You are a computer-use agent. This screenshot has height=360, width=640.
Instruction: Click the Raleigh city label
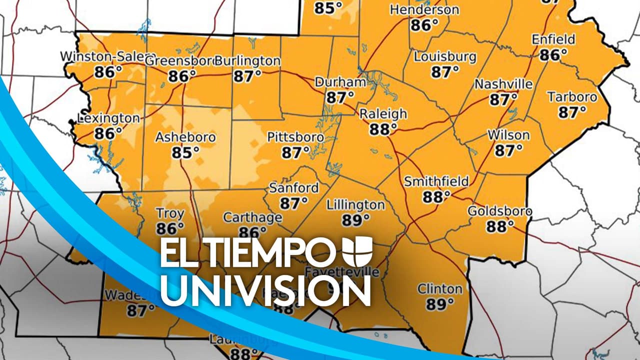coord(383,114)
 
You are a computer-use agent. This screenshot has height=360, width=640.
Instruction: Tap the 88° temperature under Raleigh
coord(383,129)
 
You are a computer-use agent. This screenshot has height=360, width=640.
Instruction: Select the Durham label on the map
coord(340,82)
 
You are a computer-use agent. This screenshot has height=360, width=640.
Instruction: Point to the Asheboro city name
coord(185,137)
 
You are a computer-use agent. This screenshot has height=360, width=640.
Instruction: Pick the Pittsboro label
coord(295,137)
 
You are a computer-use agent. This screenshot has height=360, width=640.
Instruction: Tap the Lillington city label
coord(355,205)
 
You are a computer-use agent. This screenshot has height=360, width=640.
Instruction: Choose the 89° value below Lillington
coord(355,220)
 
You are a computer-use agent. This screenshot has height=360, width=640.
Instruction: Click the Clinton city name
coord(440,288)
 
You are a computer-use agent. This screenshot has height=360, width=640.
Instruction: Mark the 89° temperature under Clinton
coord(440,303)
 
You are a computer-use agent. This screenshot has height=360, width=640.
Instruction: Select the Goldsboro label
coord(499,211)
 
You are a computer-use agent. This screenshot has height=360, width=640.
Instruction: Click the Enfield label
coord(553,39)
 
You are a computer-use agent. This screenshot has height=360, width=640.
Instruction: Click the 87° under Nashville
coord(503,99)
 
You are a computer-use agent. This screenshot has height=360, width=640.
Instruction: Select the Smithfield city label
coord(436,181)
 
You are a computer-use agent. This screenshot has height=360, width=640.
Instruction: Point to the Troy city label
coord(170,214)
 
